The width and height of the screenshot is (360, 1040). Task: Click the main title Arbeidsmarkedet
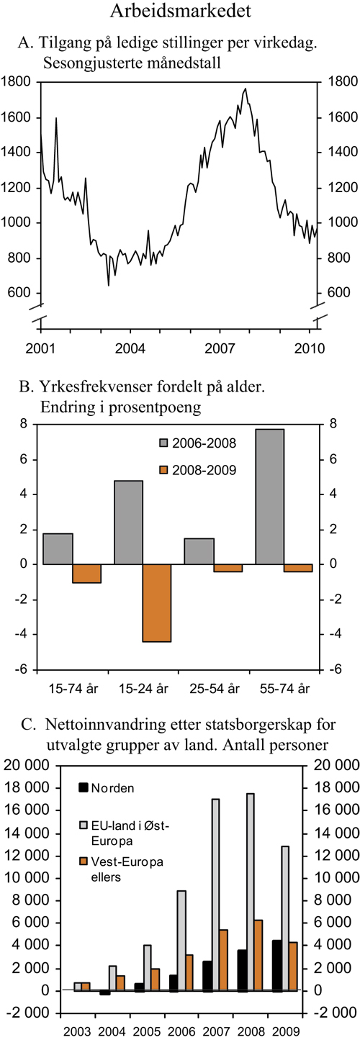click(x=181, y=12)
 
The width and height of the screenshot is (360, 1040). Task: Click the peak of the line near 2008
click(x=246, y=89)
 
